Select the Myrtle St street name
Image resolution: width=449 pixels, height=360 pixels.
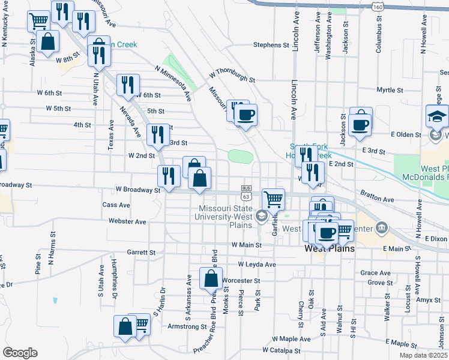click(x=390, y=90)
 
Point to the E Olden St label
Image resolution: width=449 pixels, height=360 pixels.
click(x=406, y=134)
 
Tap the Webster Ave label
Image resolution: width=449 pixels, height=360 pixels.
click(x=127, y=221)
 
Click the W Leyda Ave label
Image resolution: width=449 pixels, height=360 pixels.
click(x=257, y=264)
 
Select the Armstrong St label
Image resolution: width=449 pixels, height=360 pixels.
click(x=187, y=326)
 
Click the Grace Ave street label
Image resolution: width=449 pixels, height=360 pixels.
click(x=376, y=272)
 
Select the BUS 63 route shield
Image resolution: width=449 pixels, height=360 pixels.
click(x=246, y=192)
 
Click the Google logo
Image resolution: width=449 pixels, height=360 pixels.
click(x=20, y=353)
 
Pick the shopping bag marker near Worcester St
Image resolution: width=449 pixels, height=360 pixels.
click(x=211, y=279)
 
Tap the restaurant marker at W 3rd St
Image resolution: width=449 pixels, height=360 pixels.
click(x=158, y=134)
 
